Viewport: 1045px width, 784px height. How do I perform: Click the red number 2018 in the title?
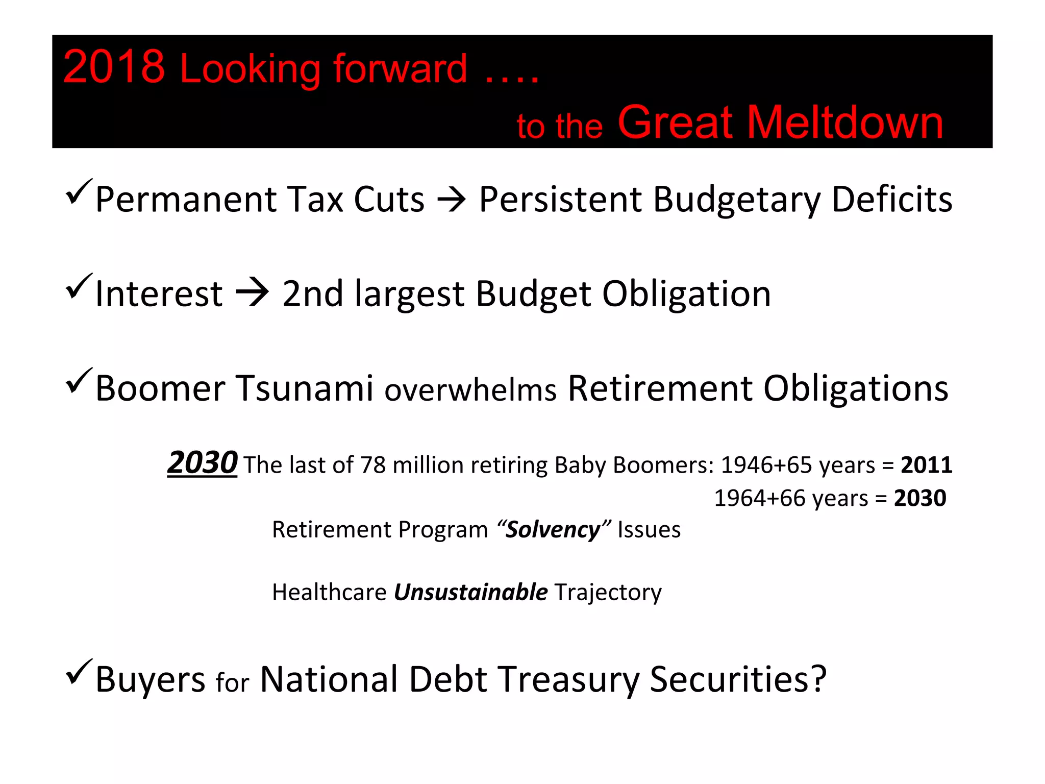click(x=114, y=67)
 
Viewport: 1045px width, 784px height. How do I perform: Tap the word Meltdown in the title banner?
click(x=845, y=122)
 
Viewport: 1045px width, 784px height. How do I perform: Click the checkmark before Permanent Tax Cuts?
click(x=79, y=191)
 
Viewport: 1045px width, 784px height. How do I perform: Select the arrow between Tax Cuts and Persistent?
click(x=452, y=200)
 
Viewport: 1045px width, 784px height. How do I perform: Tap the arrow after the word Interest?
click(x=252, y=293)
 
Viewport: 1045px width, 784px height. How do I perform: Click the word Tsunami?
click(x=304, y=389)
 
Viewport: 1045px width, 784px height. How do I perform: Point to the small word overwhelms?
click(x=470, y=390)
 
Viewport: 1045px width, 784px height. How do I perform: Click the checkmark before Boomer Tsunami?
click(x=79, y=381)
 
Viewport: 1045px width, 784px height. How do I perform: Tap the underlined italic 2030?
click(x=203, y=462)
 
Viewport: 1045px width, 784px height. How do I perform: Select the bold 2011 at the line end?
click(x=926, y=465)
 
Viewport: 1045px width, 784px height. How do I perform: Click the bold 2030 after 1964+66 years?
click(x=919, y=498)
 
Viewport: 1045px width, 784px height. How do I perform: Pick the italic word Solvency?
click(x=553, y=530)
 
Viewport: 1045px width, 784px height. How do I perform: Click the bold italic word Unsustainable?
click(x=470, y=593)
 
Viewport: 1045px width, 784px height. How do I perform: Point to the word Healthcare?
click(x=329, y=593)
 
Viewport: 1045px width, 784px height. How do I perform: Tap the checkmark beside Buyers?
click(x=79, y=672)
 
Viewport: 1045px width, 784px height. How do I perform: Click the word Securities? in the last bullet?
click(x=738, y=680)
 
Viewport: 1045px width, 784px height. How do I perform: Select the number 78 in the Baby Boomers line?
click(x=373, y=465)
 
